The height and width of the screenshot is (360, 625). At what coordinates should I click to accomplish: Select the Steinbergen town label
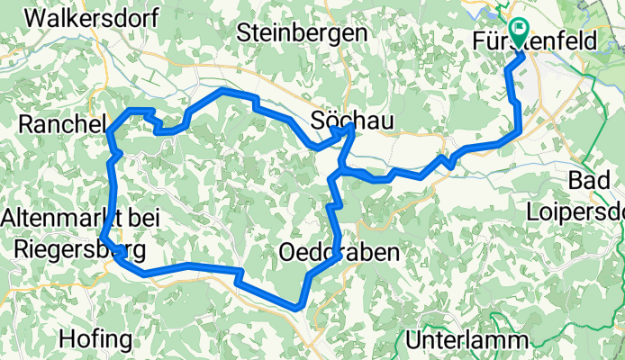(303, 32)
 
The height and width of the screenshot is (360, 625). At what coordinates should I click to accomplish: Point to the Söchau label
(342, 119)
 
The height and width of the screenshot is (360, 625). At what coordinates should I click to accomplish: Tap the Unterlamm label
(465, 341)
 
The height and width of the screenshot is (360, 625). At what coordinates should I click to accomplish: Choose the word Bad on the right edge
(590, 181)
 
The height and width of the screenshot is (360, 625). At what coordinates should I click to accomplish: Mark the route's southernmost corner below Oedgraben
(298, 308)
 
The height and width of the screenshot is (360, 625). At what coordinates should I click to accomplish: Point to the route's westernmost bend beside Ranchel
(108, 135)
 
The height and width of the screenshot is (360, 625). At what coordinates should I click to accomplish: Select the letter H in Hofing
(66, 339)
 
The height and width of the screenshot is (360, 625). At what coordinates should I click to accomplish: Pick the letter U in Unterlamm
(414, 341)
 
